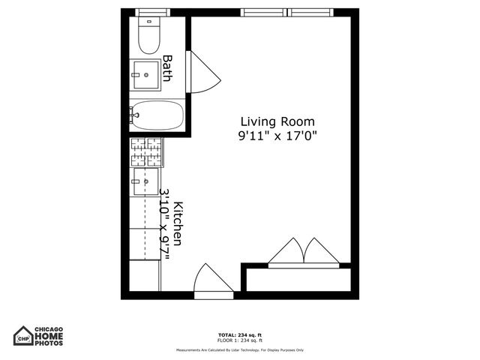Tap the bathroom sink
click(146, 70)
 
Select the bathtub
click(157, 115)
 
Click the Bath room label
click(168, 68)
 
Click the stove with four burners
click(146, 152)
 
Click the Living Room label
click(277, 121)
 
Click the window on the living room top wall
click(264, 12)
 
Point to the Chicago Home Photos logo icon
click(25, 335)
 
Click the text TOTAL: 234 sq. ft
click(239, 334)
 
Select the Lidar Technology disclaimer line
click(239, 350)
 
